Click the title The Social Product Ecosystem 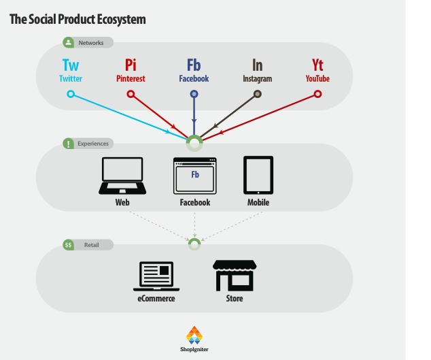pyautogui.click(x=77, y=19)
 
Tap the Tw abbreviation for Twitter pyautogui.click(x=71, y=65)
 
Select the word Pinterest pyautogui.click(x=131, y=79)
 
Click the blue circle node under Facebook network pyautogui.click(x=194, y=94)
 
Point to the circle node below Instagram pyautogui.click(x=257, y=94)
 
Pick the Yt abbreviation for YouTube pyautogui.click(x=317, y=65)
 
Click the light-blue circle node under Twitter pyautogui.click(x=71, y=94)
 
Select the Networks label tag pyautogui.click(x=88, y=43)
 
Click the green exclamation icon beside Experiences pyautogui.click(x=68, y=144)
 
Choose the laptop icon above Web pyautogui.click(x=122, y=176)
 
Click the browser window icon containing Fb pyautogui.click(x=195, y=176)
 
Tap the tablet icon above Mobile pyautogui.click(x=258, y=176)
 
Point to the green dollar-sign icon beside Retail pyautogui.click(x=68, y=245)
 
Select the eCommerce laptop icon pyautogui.click(x=156, y=276)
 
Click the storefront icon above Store pyautogui.click(x=235, y=276)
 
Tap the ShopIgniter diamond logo pyautogui.click(x=194, y=335)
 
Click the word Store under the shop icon pyautogui.click(x=235, y=298)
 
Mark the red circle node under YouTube pyautogui.click(x=317, y=94)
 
